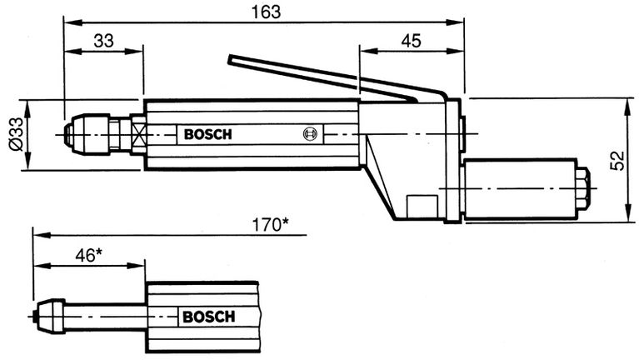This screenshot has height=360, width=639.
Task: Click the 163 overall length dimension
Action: tap(264, 12)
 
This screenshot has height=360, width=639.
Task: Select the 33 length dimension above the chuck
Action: tap(103, 40)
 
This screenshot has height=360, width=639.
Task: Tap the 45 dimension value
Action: tap(411, 40)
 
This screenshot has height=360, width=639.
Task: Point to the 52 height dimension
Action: tap(617, 159)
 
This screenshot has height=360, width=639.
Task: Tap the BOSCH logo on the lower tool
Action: tap(208, 317)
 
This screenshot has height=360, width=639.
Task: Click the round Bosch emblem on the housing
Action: tap(310, 134)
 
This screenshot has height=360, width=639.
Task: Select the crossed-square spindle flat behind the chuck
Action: tap(138, 134)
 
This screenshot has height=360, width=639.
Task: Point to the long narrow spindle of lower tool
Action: tap(104, 316)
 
